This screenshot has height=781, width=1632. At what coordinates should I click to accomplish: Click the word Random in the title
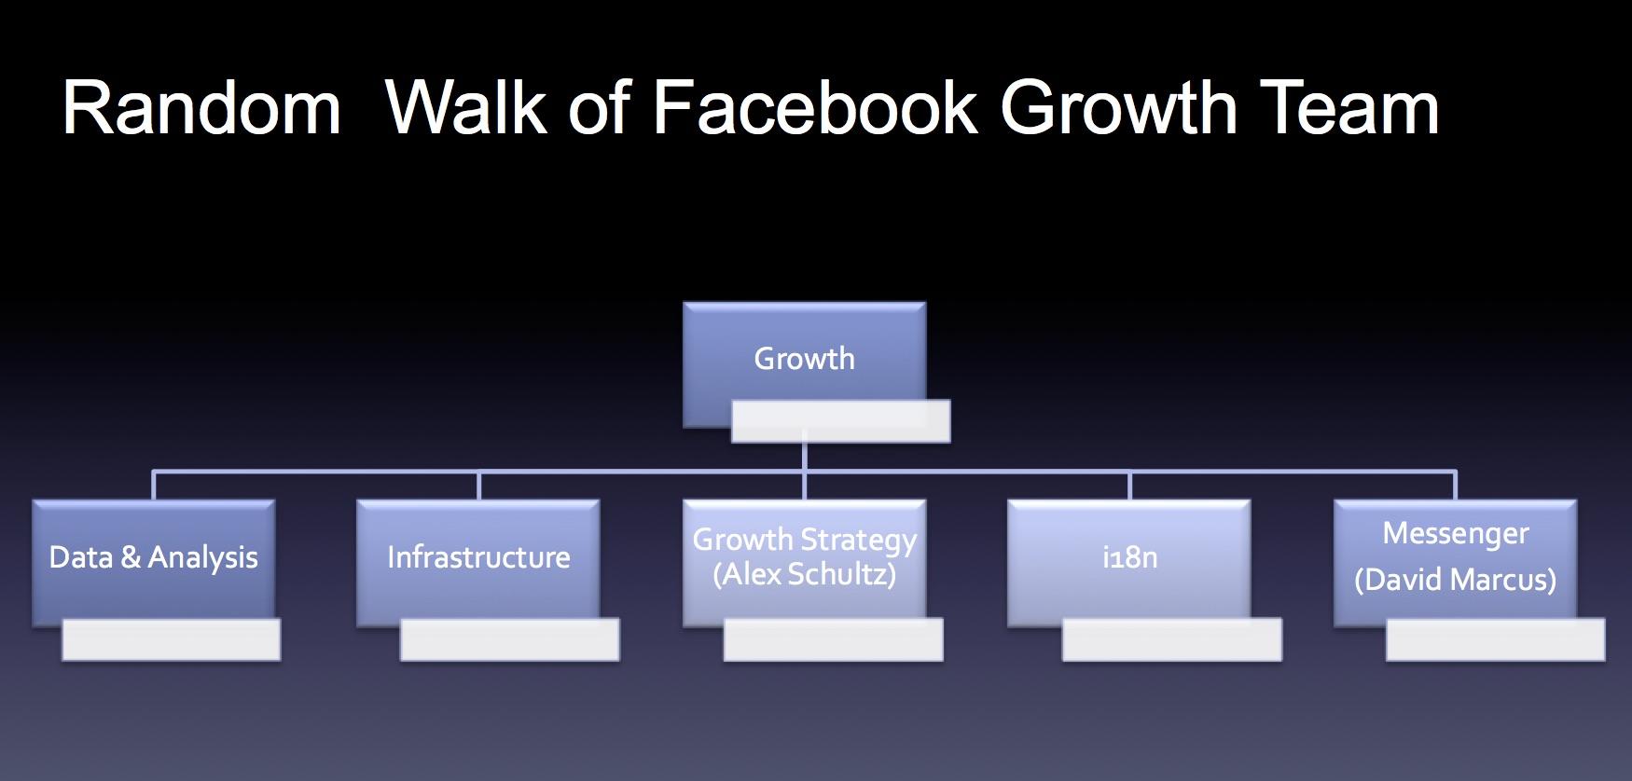coord(201,108)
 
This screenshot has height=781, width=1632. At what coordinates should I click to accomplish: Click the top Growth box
coord(804,364)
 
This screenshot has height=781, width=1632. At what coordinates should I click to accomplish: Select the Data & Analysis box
coord(154,563)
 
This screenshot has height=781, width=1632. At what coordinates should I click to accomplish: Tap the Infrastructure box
coord(478,563)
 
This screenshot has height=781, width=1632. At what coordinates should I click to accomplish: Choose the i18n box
coord(1129,563)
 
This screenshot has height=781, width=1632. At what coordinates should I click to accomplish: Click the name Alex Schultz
coord(805,574)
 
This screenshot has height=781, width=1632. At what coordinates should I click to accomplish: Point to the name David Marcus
coord(1456,580)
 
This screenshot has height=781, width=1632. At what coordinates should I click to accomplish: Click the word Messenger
coord(1456,533)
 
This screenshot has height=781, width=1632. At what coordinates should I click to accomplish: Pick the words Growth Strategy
coord(805,540)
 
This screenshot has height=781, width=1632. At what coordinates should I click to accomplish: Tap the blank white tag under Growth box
coord(840,421)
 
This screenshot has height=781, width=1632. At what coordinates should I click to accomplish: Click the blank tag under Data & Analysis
coord(172,640)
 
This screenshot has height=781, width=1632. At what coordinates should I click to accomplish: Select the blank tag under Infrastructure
coord(510,640)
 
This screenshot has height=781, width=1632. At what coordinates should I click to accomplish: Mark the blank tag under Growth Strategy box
coord(834,640)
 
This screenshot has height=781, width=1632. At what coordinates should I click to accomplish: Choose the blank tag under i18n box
coord(1172,640)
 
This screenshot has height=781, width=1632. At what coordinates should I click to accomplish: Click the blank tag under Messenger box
coord(1496,640)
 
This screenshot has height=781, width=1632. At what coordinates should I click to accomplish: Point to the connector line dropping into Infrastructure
coord(478,486)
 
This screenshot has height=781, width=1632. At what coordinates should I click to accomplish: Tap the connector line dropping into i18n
coord(1129,486)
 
